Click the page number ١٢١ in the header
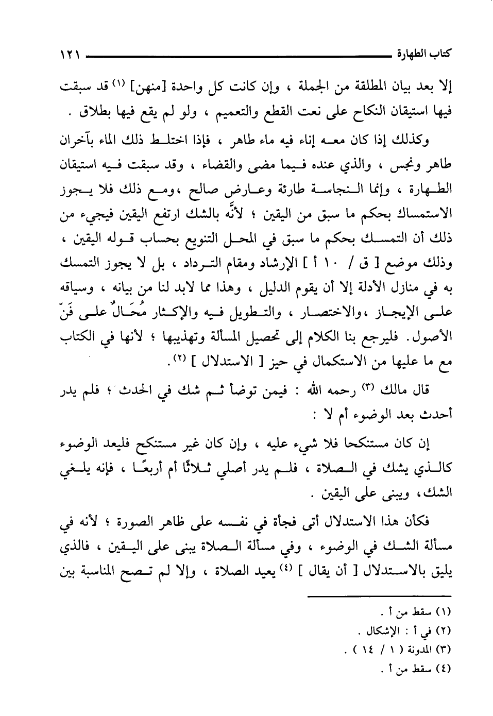click(70, 55)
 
